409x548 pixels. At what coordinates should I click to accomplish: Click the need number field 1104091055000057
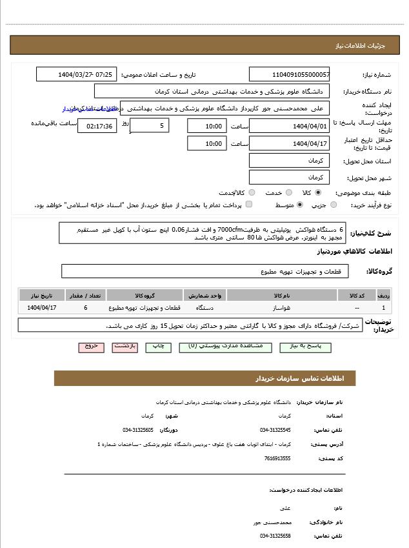tap(289, 75)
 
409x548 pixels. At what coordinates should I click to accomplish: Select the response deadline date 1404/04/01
tap(289, 126)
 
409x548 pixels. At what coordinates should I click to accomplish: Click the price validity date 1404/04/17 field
tap(289, 144)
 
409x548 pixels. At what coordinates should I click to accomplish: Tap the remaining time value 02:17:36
tap(97, 126)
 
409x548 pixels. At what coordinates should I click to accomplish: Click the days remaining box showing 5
tap(150, 125)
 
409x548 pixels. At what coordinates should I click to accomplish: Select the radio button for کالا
tap(318, 192)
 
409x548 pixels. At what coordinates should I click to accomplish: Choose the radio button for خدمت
tap(288, 192)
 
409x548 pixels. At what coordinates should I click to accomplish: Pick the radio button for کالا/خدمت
tap(252, 192)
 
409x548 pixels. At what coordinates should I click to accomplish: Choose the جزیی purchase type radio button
tap(334, 205)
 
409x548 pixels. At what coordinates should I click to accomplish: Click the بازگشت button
tap(125, 347)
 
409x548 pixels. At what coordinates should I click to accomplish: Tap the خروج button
tap(91, 347)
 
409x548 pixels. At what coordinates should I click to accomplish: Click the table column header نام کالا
tap(281, 296)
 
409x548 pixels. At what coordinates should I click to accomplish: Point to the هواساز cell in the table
tap(281, 308)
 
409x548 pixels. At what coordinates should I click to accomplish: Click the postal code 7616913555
tap(277, 458)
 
